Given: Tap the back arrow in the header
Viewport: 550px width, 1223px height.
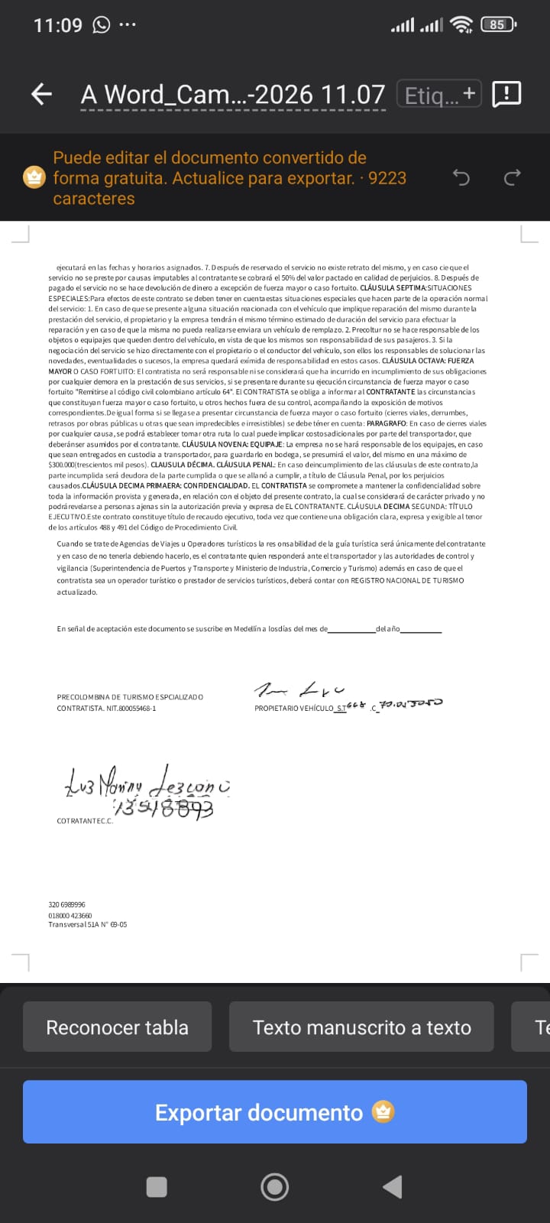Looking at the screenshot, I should tap(41, 94).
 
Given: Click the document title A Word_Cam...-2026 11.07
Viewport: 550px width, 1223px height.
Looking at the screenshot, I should tap(233, 95).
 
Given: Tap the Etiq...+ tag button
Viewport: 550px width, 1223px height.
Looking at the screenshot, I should tap(439, 95).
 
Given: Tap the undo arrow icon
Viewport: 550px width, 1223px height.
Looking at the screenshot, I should tap(461, 178).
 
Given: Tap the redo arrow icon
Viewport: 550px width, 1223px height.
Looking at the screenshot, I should tap(512, 178).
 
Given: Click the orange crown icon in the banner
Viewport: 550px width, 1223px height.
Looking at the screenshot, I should tap(34, 177).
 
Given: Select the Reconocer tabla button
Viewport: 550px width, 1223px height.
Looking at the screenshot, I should tap(117, 1027).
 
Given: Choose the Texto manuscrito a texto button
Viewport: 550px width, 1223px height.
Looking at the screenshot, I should tap(361, 1027).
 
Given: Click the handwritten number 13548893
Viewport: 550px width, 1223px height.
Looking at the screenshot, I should tap(163, 807).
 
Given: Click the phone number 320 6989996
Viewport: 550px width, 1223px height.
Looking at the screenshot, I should tap(67, 905).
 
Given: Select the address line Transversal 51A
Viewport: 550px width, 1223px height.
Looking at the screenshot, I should tap(88, 925).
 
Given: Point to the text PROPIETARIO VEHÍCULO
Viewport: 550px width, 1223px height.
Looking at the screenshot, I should tap(294, 709).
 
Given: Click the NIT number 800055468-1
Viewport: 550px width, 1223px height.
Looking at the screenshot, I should tap(131, 709).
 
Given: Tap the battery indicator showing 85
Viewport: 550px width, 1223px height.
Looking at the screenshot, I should tap(498, 24).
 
